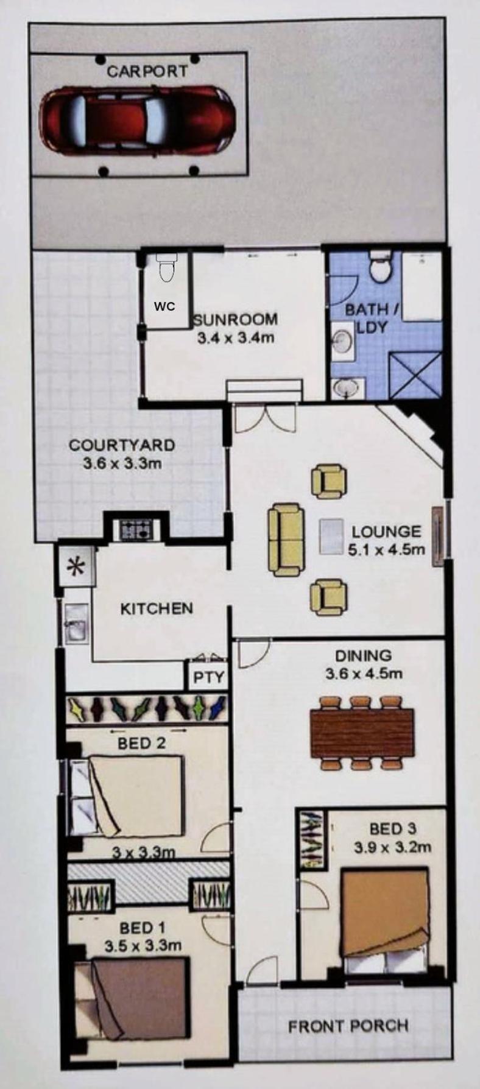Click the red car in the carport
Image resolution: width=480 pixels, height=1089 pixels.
tap(138, 119)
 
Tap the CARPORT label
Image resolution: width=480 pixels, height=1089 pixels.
tap(147, 71)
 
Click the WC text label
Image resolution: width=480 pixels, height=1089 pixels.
tap(164, 306)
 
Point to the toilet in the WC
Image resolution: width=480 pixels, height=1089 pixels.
tap(166, 268)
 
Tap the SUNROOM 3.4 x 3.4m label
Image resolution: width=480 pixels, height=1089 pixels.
tap(235, 328)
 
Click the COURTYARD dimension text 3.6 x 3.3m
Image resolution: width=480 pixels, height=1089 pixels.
tap(122, 463)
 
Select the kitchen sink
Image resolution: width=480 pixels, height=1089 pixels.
tap(76, 623)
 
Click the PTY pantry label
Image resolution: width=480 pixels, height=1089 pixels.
tap(209, 677)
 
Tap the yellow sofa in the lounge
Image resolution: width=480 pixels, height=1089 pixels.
tap(286, 539)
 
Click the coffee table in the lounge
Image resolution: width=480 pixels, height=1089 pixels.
tap(332, 537)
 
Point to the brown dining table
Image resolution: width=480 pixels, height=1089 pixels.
tap(362, 733)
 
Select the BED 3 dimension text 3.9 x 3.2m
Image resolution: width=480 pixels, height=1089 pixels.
tap(393, 847)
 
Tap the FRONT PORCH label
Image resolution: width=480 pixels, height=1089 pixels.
tap(348, 1026)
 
